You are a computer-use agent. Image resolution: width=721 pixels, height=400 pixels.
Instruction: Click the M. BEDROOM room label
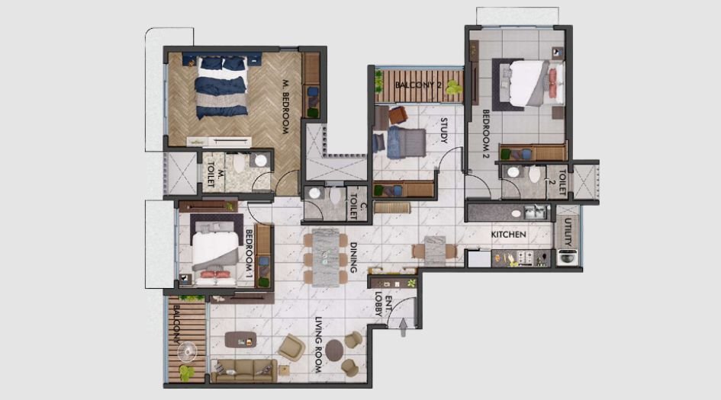(285, 107)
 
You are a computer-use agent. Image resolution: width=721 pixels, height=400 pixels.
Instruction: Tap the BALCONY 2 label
(418, 84)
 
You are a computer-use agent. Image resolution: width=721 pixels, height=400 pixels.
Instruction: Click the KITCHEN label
(508, 235)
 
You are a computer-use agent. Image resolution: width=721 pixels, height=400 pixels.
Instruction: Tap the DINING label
(353, 258)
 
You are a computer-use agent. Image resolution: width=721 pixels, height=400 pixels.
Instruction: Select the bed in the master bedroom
(222, 86)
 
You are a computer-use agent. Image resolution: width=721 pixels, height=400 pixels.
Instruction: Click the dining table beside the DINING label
(328, 257)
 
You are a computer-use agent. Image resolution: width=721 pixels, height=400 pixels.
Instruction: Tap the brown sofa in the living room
(243, 370)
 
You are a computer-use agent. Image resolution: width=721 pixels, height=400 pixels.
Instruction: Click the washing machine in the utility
(567, 258)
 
